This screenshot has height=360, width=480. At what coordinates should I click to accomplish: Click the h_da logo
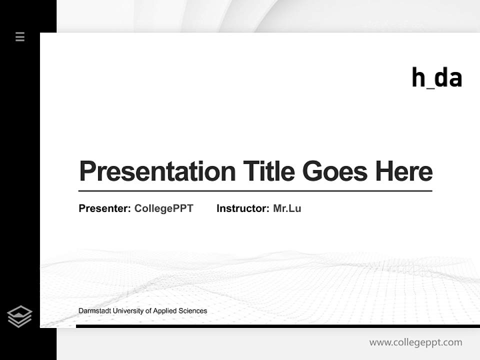click(436, 78)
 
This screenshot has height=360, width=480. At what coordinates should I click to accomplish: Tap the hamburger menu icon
click(20, 36)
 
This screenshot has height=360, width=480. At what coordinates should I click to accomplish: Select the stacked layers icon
click(19, 316)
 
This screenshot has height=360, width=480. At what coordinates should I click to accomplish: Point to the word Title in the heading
click(269, 171)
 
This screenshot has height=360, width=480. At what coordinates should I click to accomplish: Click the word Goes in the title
click(335, 171)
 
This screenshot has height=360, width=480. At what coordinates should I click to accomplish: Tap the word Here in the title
click(404, 171)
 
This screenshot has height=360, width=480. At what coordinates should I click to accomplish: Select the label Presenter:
click(105, 208)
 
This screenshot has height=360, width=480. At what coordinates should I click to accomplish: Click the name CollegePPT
click(163, 208)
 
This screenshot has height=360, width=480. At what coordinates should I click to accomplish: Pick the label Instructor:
click(243, 208)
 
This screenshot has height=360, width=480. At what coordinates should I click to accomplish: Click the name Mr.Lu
click(287, 208)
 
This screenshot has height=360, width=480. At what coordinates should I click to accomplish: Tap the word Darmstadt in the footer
click(94, 311)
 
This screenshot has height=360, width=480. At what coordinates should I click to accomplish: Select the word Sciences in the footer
click(193, 311)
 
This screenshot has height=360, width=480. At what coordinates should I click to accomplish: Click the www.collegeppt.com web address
click(415, 342)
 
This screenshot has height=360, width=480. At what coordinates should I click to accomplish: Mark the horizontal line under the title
click(255, 191)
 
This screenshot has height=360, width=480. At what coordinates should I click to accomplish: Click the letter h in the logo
click(418, 78)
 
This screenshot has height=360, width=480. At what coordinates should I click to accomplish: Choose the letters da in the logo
click(448, 78)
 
